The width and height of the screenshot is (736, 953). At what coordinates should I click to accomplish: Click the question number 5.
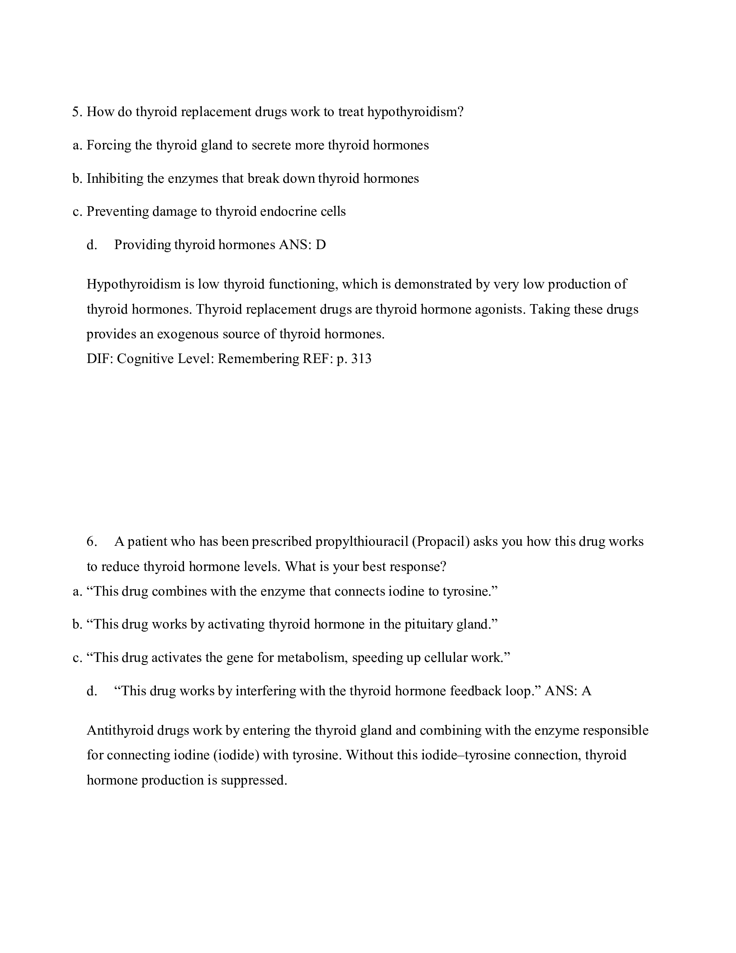76,112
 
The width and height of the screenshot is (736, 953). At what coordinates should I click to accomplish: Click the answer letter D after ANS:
320,245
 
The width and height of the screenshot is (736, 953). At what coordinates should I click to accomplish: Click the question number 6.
91,541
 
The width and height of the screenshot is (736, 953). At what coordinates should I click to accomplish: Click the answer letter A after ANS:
586,691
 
